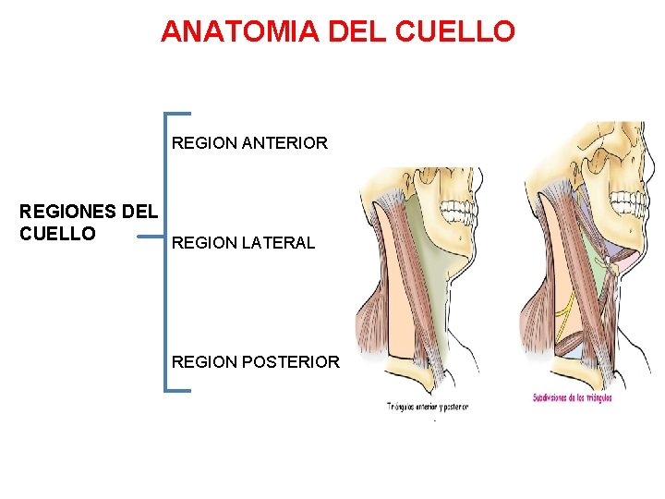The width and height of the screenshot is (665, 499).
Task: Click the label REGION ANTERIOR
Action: pyautogui.click(x=249, y=143)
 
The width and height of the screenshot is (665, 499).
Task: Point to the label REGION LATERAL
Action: pyautogui.click(x=243, y=243)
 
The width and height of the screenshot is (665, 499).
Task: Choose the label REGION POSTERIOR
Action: pyautogui.click(x=256, y=362)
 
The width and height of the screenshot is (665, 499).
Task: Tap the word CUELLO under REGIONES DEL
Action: pyautogui.click(x=57, y=234)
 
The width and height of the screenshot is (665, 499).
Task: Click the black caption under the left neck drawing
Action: pyautogui.click(x=428, y=407)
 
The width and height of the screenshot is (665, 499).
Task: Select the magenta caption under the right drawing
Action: pyautogui.click(x=573, y=398)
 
